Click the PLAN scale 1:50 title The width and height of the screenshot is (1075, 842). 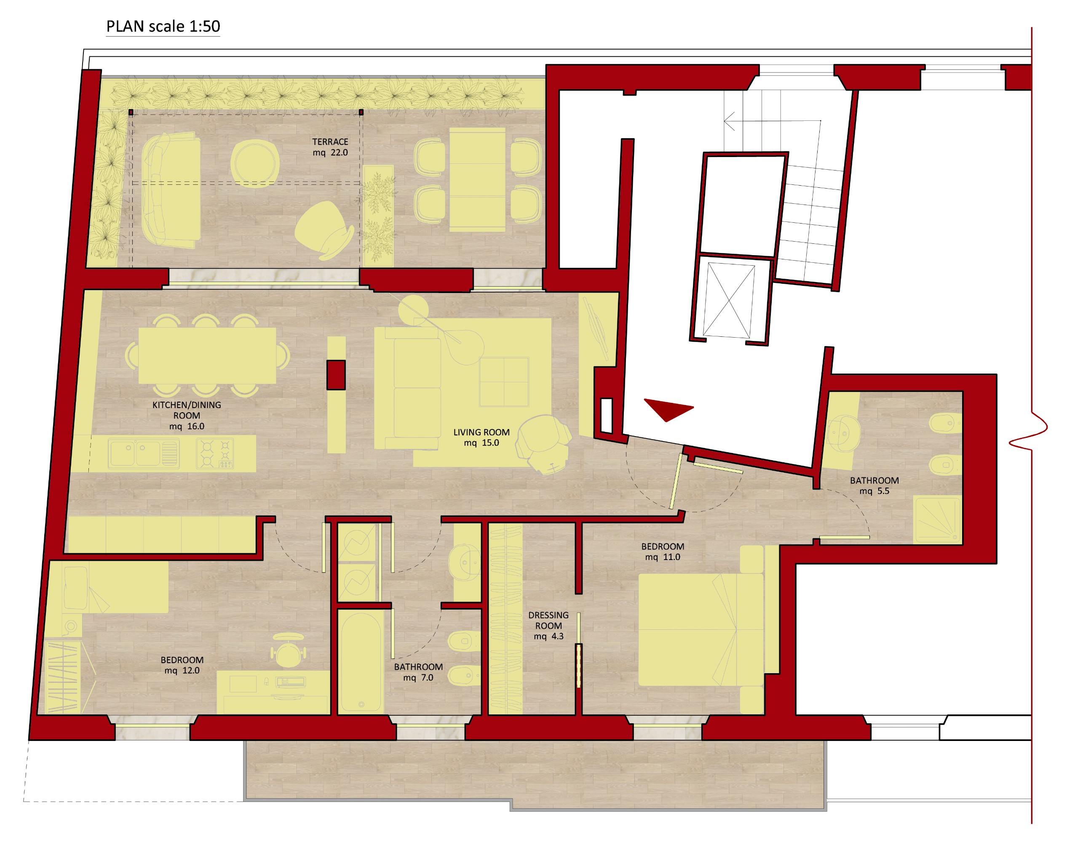(x=163, y=26)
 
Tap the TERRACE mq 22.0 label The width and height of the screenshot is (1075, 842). (x=330, y=147)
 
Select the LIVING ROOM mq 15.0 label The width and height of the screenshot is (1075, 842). (x=481, y=437)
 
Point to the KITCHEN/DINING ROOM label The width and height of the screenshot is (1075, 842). (x=187, y=416)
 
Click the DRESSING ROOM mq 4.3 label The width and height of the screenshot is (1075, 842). (x=548, y=626)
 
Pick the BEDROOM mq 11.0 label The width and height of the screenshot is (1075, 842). (x=663, y=552)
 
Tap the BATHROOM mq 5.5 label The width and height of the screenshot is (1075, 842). (x=874, y=485)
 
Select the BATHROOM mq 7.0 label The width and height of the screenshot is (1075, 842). (x=418, y=672)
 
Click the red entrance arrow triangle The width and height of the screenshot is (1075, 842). (x=668, y=409)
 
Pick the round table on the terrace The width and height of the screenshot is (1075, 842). (x=255, y=164)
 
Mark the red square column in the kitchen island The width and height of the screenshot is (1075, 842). (x=336, y=375)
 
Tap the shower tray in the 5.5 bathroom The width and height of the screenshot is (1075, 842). (x=937, y=521)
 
